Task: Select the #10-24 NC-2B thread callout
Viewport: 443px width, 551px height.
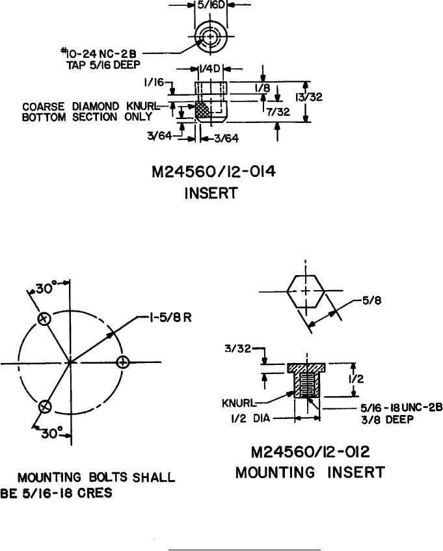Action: [99, 54]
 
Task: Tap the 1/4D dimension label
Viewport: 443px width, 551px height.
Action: [209, 69]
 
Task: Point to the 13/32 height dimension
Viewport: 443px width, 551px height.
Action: [309, 97]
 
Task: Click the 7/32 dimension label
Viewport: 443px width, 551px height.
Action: [278, 112]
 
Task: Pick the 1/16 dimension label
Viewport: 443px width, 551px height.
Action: [154, 83]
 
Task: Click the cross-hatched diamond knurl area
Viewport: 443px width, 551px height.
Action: [202, 110]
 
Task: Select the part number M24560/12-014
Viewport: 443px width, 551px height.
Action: [213, 172]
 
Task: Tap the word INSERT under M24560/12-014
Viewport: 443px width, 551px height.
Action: [211, 193]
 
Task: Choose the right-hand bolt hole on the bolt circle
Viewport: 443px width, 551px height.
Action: [122, 362]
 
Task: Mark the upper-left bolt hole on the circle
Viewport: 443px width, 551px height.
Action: [44, 319]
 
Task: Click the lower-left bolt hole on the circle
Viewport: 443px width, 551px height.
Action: [44, 407]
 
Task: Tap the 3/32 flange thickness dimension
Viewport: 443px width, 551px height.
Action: [238, 349]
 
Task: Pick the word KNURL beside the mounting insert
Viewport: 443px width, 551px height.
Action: [239, 403]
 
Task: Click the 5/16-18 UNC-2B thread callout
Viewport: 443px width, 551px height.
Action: [401, 408]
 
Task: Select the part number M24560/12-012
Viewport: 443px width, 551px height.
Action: [310, 452]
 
